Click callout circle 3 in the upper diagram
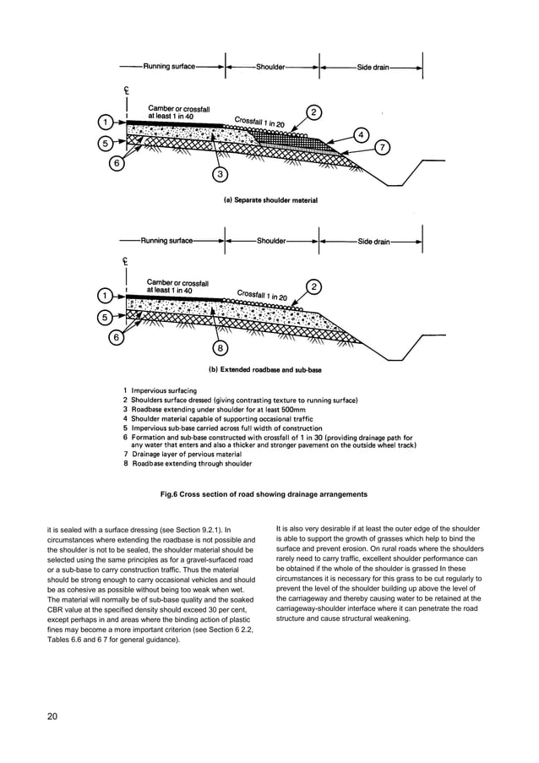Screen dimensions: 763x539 220,175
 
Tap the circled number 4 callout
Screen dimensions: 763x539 361,135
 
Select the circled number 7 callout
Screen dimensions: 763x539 382,148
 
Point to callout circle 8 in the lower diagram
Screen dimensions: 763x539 220,347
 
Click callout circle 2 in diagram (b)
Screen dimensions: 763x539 313,287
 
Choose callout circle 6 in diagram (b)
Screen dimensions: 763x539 117,337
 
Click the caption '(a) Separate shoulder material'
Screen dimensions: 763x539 264,200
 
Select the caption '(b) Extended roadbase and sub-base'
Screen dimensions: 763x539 264,369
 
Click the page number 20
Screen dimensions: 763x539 52,717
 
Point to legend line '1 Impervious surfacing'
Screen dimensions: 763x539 160,390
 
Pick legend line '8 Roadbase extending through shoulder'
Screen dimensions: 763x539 188,464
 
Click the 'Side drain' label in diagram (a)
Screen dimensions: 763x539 373,66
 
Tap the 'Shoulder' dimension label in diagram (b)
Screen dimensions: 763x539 271,241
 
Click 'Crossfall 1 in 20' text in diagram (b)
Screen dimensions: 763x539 262,296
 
